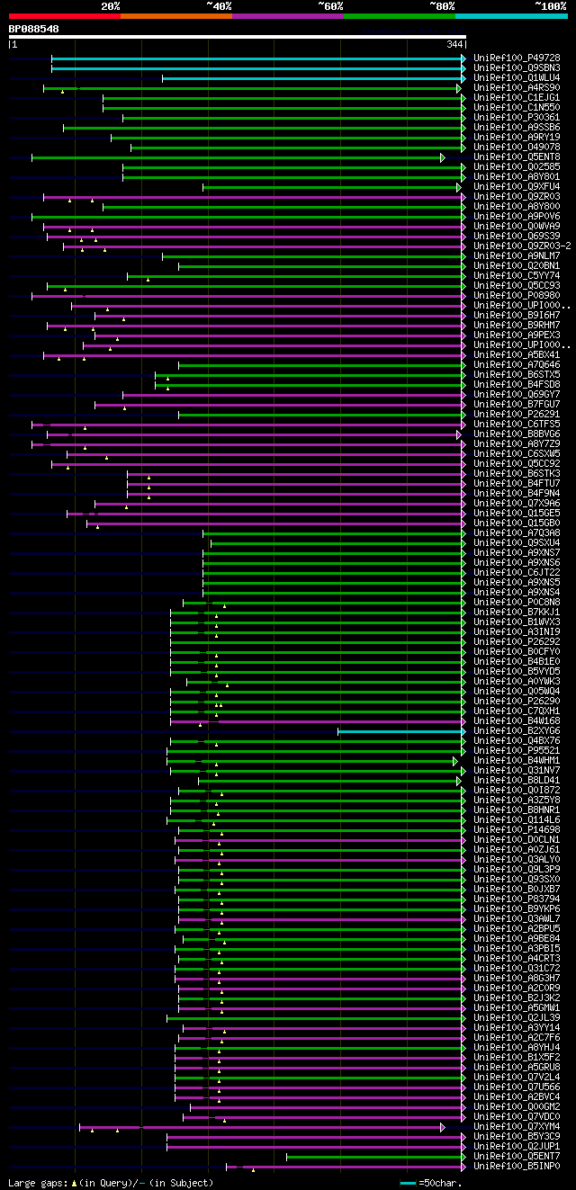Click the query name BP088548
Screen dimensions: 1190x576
[33, 29]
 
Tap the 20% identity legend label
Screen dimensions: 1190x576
[111, 6]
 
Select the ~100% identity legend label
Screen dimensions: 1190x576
[550, 6]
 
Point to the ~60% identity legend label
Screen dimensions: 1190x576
[330, 6]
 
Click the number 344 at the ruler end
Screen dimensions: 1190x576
[454, 44]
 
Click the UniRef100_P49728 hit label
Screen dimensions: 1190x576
[517, 58]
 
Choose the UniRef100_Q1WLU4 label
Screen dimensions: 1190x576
[517, 78]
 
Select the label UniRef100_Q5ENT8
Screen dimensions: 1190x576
[517, 157]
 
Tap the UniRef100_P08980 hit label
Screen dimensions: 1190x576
[517, 296]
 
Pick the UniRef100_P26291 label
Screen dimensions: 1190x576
[517, 415]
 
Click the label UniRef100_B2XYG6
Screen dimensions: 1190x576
[517, 731]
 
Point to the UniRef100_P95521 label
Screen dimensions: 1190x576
[517, 751]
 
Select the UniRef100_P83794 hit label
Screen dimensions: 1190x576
[517, 899]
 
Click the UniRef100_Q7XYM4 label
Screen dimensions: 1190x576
[517, 1127]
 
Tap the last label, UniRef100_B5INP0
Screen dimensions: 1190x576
[517, 1167]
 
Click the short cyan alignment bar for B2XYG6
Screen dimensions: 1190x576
[400, 731]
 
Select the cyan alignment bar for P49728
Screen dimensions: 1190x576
[257, 58]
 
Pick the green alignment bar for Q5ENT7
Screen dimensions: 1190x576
[374, 1157]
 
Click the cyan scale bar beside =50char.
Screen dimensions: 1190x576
[409, 1183]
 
